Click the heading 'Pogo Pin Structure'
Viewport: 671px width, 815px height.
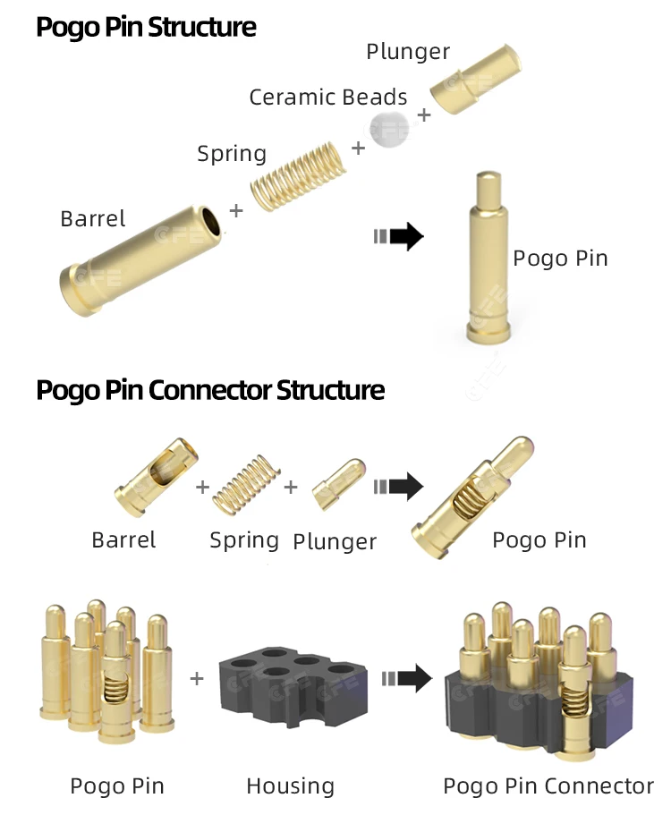(146, 27)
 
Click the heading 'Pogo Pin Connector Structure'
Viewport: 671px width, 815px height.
(210, 390)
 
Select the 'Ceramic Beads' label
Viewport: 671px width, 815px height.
(327, 98)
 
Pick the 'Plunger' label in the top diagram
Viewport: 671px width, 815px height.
(408, 52)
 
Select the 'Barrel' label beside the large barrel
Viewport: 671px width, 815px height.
(93, 219)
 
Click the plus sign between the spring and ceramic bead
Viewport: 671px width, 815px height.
(359, 148)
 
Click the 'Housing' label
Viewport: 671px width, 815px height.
(290, 786)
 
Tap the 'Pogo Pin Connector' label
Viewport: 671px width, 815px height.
(548, 786)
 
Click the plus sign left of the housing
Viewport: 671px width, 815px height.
(197, 678)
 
